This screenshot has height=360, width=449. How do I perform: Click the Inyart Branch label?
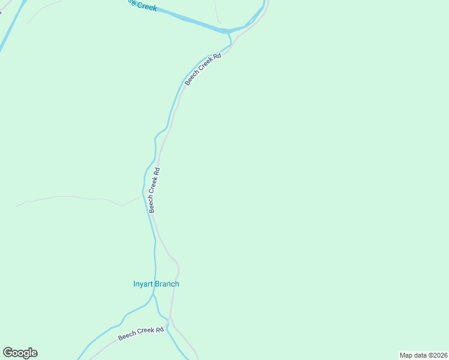156,284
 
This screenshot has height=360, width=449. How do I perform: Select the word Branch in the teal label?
167,284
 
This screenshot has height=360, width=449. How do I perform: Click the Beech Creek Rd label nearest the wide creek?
203,69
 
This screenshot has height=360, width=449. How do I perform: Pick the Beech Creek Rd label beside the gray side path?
154,190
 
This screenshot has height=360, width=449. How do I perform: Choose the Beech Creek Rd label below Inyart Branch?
141,334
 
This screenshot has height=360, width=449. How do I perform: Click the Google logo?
20,353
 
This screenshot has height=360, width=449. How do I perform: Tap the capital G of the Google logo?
8,352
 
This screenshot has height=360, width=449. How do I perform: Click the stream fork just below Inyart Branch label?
152,296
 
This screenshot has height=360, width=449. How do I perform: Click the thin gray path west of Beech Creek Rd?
72,197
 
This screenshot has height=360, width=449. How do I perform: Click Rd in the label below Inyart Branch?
159,330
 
